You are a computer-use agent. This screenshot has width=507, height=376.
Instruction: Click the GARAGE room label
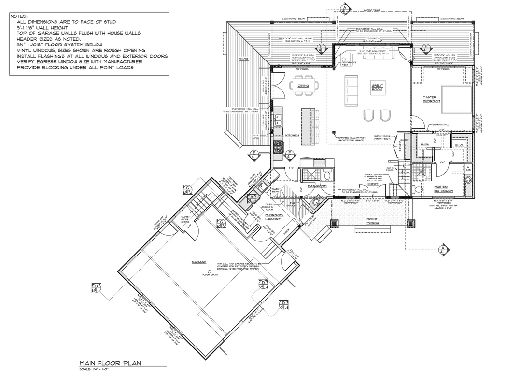tap(199, 262)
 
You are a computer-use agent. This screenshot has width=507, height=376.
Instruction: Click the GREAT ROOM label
tap(377, 87)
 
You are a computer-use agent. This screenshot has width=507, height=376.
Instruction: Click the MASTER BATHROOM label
tap(443, 189)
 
